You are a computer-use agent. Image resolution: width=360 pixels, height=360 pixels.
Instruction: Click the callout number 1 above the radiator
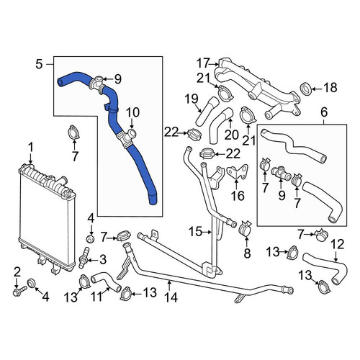point(31,148)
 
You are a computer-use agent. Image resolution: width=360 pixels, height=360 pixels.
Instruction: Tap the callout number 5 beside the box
point(39,64)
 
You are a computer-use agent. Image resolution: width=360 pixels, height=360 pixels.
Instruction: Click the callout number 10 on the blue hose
point(132,112)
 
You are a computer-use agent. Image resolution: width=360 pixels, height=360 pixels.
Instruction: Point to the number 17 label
point(203,63)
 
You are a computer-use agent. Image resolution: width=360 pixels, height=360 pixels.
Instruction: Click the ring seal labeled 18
point(306,89)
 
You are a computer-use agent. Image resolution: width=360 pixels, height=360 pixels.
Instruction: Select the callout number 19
point(192,99)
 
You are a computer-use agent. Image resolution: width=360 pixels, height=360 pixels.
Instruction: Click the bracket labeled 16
point(238,172)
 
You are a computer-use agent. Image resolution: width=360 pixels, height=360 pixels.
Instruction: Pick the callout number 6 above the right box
point(324,112)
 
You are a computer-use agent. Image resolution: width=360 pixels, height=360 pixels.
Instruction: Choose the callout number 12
point(338,244)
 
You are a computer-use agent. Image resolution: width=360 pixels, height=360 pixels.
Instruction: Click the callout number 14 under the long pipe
point(171,297)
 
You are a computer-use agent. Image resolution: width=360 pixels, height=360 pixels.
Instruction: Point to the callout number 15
point(195,232)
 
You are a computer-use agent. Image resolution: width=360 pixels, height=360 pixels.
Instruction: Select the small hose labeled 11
point(106,282)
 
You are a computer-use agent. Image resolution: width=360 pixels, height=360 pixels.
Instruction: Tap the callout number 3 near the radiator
point(103,259)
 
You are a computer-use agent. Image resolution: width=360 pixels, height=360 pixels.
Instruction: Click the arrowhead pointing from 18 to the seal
point(314,89)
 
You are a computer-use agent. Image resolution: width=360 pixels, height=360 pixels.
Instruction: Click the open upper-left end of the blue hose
point(60,81)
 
